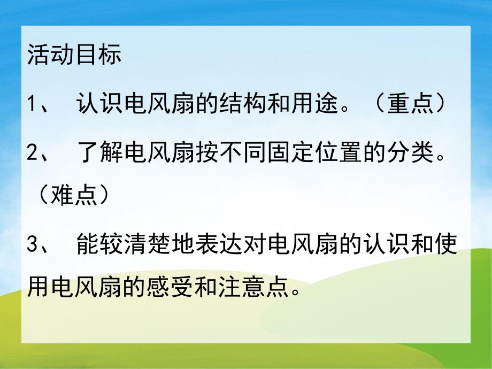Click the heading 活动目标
click(x=74, y=56)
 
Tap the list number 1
click(x=32, y=103)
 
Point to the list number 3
click(x=33, y=247)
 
